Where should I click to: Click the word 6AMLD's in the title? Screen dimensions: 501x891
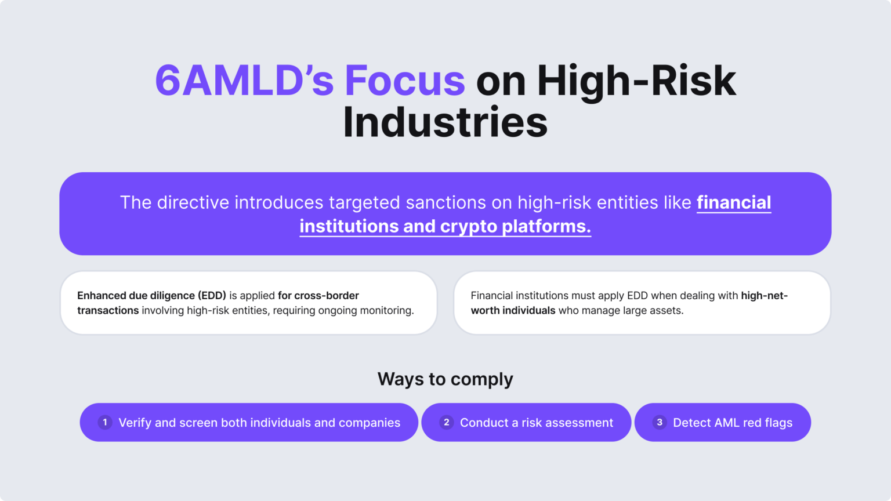[244, 81]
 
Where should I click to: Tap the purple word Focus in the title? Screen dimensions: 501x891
[405, 81]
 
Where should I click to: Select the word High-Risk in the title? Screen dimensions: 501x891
[636, 81]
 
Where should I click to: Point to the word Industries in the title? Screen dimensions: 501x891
[445, 122]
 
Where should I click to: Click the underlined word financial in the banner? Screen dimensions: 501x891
[734, 202]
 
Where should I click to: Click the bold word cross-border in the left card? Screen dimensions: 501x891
[327, 296]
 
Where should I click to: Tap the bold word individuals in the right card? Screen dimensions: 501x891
[528, 311]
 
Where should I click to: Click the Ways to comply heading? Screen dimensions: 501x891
[445, 379]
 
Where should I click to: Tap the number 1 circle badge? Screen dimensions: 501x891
[105, 422]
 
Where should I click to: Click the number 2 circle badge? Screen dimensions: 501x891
[446, 422]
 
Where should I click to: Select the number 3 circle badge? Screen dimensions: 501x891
[660, 422]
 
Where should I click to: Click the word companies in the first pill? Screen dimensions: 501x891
[370, 423]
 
